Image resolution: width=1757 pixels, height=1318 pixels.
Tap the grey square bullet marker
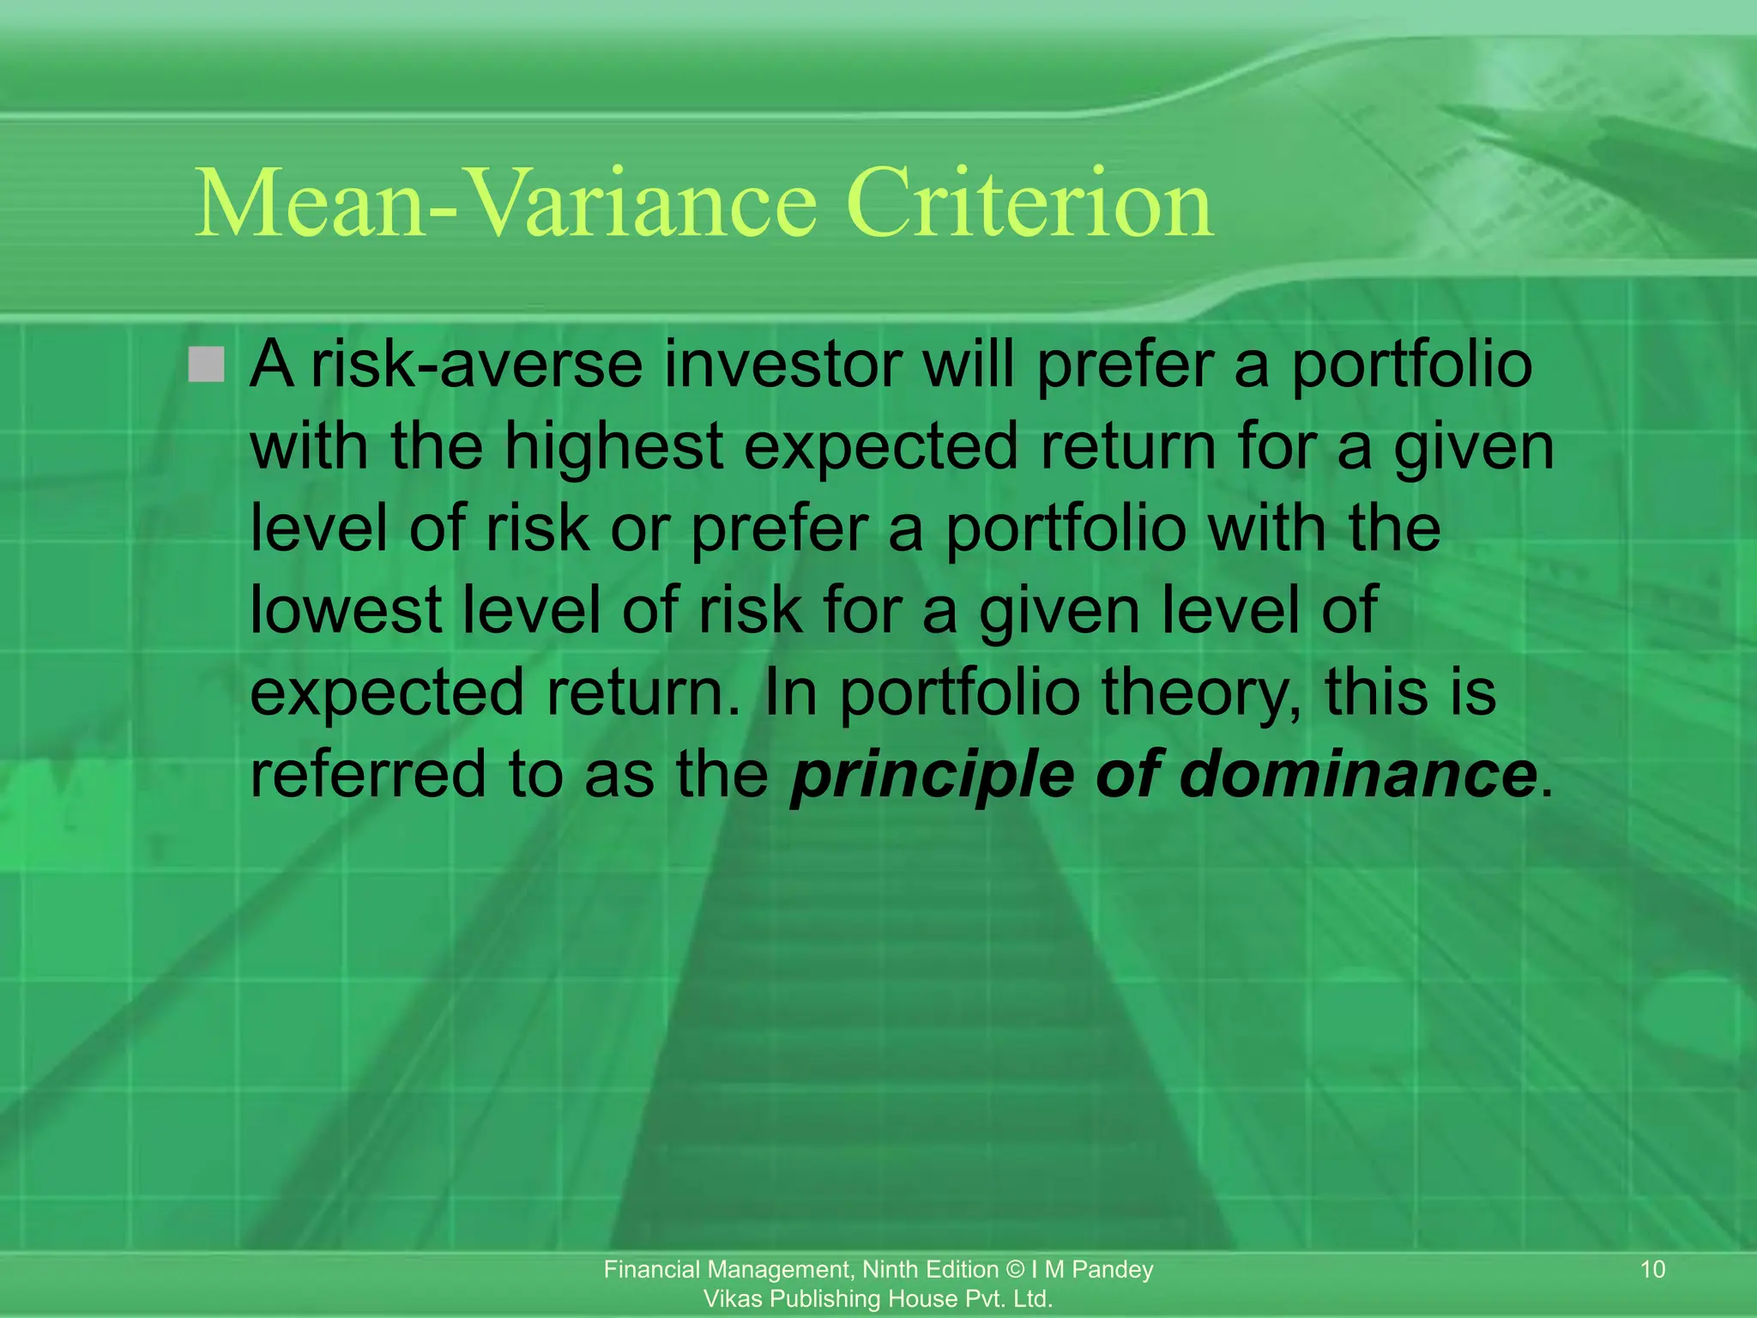tap(206, 365)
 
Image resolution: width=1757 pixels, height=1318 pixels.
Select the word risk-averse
tap(476, 365)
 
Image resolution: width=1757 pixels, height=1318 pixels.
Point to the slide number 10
tap(1652, 1269)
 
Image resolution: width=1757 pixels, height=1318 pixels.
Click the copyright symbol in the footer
tap(1015, 1270)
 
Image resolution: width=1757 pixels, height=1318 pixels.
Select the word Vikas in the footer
tap(734, 1299)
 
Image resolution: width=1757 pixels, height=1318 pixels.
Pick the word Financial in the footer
tap(651, 1270)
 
